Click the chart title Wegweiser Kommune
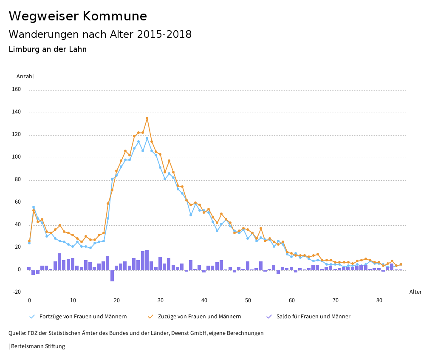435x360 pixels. [x=78, y=16]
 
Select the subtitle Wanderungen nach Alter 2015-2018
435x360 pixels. [x=100, y=34]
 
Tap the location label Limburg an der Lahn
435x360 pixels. [x=48, y=49]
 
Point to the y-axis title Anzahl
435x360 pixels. [x=25, y=77]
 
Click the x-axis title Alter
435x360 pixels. [x=415, y=292]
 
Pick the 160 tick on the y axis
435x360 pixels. [x=17, y=90]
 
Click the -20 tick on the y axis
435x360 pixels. [x=17, y=292]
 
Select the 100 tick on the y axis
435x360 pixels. [x=17, y=157]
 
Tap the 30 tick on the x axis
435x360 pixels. [x=161, y=300]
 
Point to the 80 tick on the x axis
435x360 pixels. [x=379, y=300]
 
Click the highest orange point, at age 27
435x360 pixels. [x=147, y=118]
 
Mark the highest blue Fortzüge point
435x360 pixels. [x=147, y=138]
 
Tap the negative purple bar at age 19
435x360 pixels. [x=112, y=275]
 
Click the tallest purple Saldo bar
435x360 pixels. [x=147, y=260]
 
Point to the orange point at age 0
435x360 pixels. [x=29, y=241]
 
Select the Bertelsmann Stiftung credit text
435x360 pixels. [x=38, y=346]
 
